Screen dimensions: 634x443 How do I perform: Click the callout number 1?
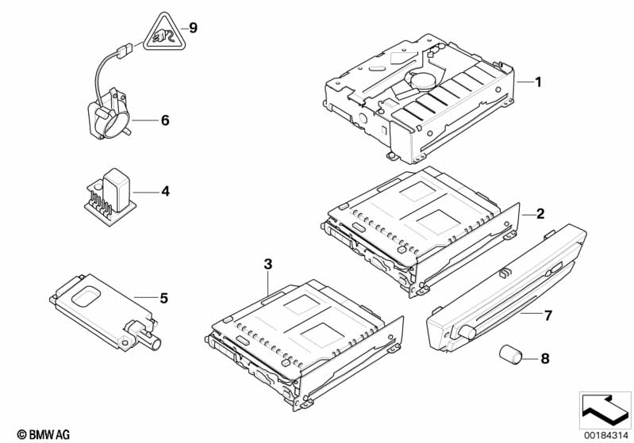coord(538,82)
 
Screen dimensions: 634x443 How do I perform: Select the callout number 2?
coord(540,214)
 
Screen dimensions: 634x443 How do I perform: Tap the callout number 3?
coord(268,265)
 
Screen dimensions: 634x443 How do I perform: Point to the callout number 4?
coord(165,191)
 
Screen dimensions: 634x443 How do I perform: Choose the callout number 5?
coord(163,299)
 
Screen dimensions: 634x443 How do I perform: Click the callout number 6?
coord(165,120)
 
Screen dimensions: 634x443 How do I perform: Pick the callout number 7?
coord(548,315)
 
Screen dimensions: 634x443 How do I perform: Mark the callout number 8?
coord(545,358)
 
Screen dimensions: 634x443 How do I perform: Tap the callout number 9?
coord(194,29)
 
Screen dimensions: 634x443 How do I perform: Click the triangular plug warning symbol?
coord(163,33)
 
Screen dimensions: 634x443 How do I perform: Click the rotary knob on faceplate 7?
coord(467,332)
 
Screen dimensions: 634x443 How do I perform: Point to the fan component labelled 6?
coord(109,114)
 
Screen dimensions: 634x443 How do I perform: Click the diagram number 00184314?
coord(606,436)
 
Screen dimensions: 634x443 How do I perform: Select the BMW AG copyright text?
coord(44,434)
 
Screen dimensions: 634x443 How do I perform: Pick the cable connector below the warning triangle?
coord(123,51)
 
